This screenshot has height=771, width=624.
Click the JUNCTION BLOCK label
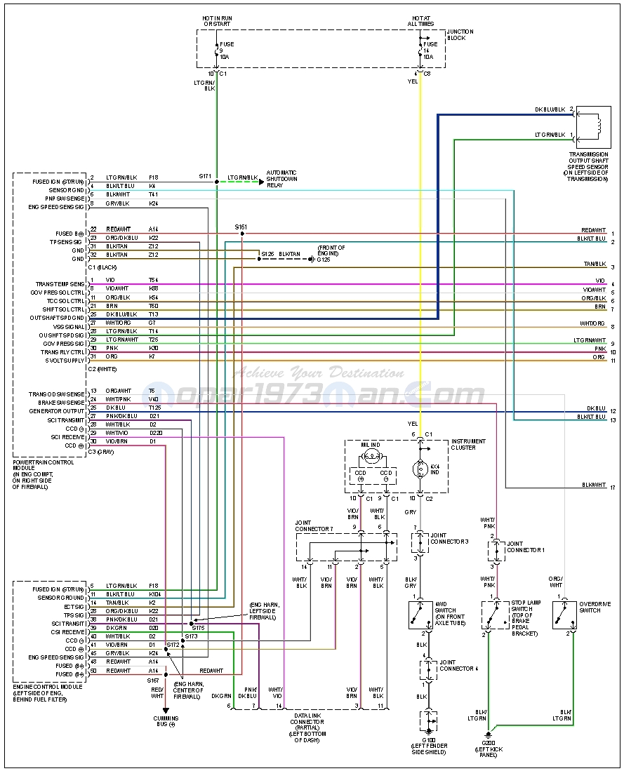pyautogui.click(x=460, y=34)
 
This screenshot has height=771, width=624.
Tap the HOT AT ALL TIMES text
pyautogui.click(x=420, y=21)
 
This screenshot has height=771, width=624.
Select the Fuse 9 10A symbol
pyautogui.click(x=216, y=51)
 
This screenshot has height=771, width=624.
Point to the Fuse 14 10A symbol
pyautogui.click(x=420, y=51)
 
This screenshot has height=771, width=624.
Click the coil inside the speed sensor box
pyautogui.click(x=598, y=125)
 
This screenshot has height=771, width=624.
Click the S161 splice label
pyautogui.click(x=241, y=227)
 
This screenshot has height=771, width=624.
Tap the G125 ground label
pyautogui.click(x=324, y=260)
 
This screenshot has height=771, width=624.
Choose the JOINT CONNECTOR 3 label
pyautogui.click(x=449, y=538)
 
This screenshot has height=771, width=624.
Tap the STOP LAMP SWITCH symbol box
pyautogui.click(x=496, y=615)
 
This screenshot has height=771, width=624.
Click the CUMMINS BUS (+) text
pyautogui.click(x=166, y=721)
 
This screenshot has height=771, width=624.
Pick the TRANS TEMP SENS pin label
pyautogui.click(x=60, y=284)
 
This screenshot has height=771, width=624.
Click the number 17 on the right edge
pyautogui.click(x=612, y=487)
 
